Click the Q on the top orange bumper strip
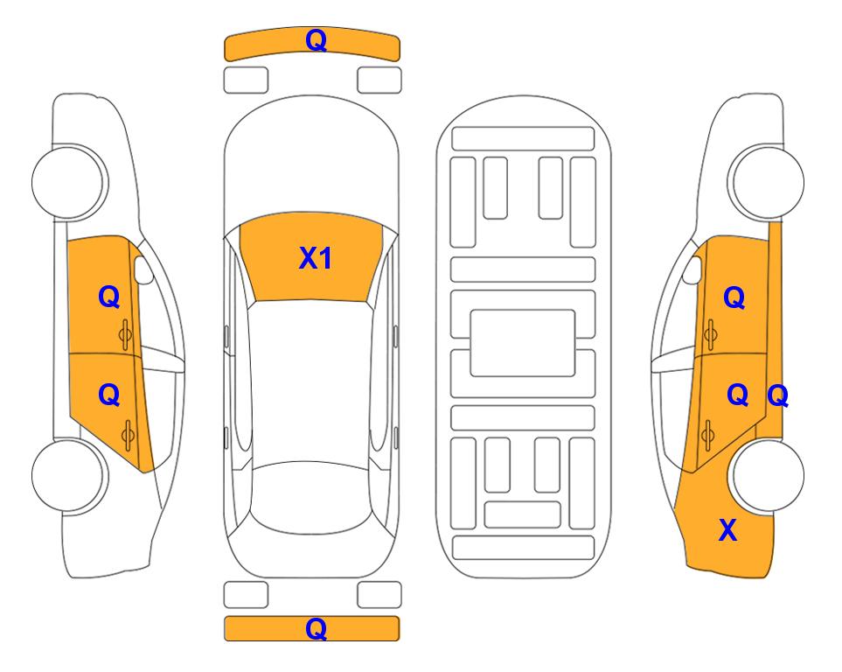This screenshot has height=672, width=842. coord(316,41)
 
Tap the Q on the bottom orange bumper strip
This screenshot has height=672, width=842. coord(316,629)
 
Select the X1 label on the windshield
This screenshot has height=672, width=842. coord(316,258)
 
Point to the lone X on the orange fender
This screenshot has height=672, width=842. coord(727,530)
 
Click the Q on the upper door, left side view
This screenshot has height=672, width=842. coord(109,297)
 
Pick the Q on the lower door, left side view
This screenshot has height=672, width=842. coord(109,395)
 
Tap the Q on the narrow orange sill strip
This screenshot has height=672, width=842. coord(777,396)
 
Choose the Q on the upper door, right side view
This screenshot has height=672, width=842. coord(734,297)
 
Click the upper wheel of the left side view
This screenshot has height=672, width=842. coord(69,182)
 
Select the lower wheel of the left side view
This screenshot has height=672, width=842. coord(69,475)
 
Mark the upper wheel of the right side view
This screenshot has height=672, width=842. coord(767,182)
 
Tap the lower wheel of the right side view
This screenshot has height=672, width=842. coord(767,475)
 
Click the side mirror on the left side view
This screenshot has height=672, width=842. coord(143,269)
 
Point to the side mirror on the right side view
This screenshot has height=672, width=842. coord(692,269)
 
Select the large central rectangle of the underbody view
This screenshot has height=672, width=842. coord(523,343)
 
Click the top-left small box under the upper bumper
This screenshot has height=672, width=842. coord(246,80)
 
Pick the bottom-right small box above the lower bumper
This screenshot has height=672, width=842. coord(379,595)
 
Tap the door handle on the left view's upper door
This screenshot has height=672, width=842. coord(125,334)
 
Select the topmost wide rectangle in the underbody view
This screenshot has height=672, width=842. coord(523,139)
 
